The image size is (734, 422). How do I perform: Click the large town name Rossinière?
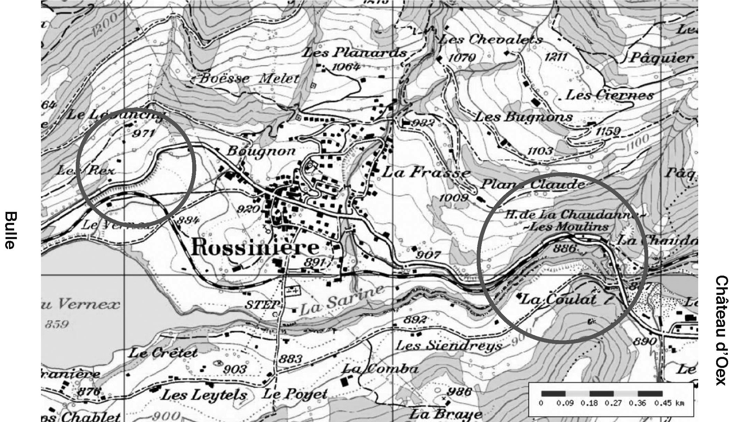(x=255, y=248)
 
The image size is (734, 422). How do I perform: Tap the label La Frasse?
(x=426, y=172)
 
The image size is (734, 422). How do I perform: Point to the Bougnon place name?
(x=261, y=151)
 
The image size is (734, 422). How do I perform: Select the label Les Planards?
(x=354, y=53)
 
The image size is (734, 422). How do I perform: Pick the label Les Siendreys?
(x=448, y=345)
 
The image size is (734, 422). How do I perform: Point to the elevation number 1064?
(x=345, y=67)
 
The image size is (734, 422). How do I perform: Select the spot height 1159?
(x=608, y=131)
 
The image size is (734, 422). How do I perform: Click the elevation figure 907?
(x=428, y=255)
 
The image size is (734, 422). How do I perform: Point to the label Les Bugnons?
(x=524, y=117)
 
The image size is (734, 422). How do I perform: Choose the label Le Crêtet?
(x=163, y=353)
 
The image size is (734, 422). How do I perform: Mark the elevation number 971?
(x=143, y=134)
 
